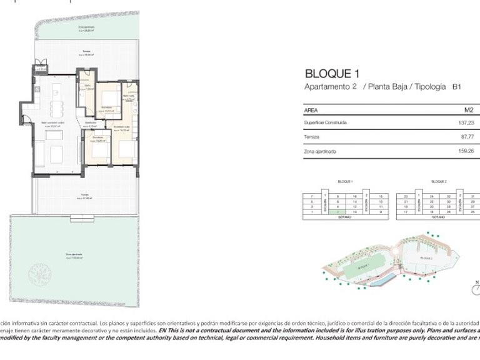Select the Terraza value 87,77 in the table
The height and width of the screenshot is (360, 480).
tap(467, 137)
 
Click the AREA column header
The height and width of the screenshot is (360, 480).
tap(311, 109)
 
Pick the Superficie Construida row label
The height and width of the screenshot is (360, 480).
tap(325, 122)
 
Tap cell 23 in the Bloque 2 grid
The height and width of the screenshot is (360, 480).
tap(406, 196)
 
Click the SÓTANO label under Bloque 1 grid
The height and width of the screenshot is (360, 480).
tap(346, 218)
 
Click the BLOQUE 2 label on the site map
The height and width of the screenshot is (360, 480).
tap(426, 257)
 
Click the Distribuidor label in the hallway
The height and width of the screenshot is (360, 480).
tap(91, 122)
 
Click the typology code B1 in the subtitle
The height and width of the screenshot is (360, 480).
tap(457, 87)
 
